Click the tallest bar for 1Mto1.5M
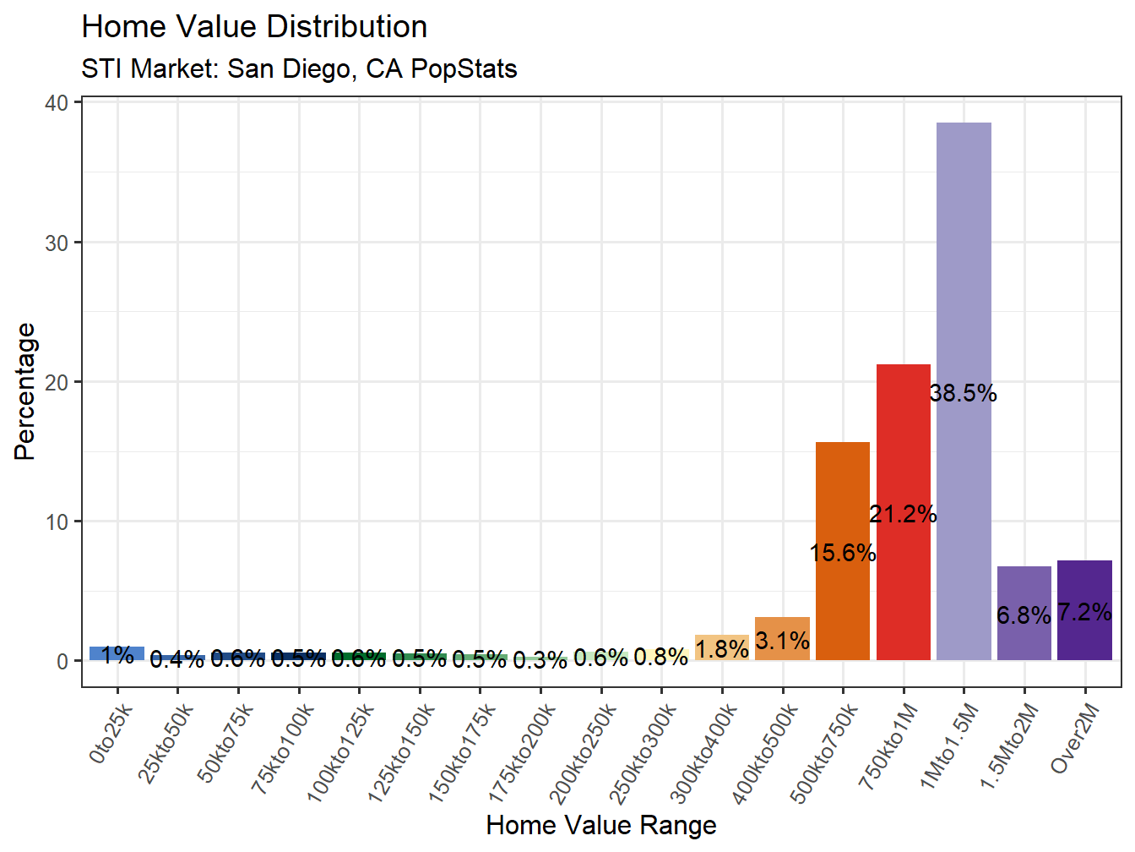(x=964, y=254)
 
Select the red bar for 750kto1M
(x=903, y=440)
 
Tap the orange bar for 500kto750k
(x=843, y=490)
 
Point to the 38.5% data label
(x=964, y=393)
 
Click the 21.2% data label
(x=903, y=514)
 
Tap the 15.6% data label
(x=843, y=553)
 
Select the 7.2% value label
(x=1084, y=612)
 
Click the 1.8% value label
(x=722, y=649)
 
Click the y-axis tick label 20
(x=57, y=382)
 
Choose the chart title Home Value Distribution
(x=254, y=27)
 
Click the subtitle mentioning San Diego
(x=299, y=68)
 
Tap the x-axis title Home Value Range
(x=601, y=825)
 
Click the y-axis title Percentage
(x=25, y=390)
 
